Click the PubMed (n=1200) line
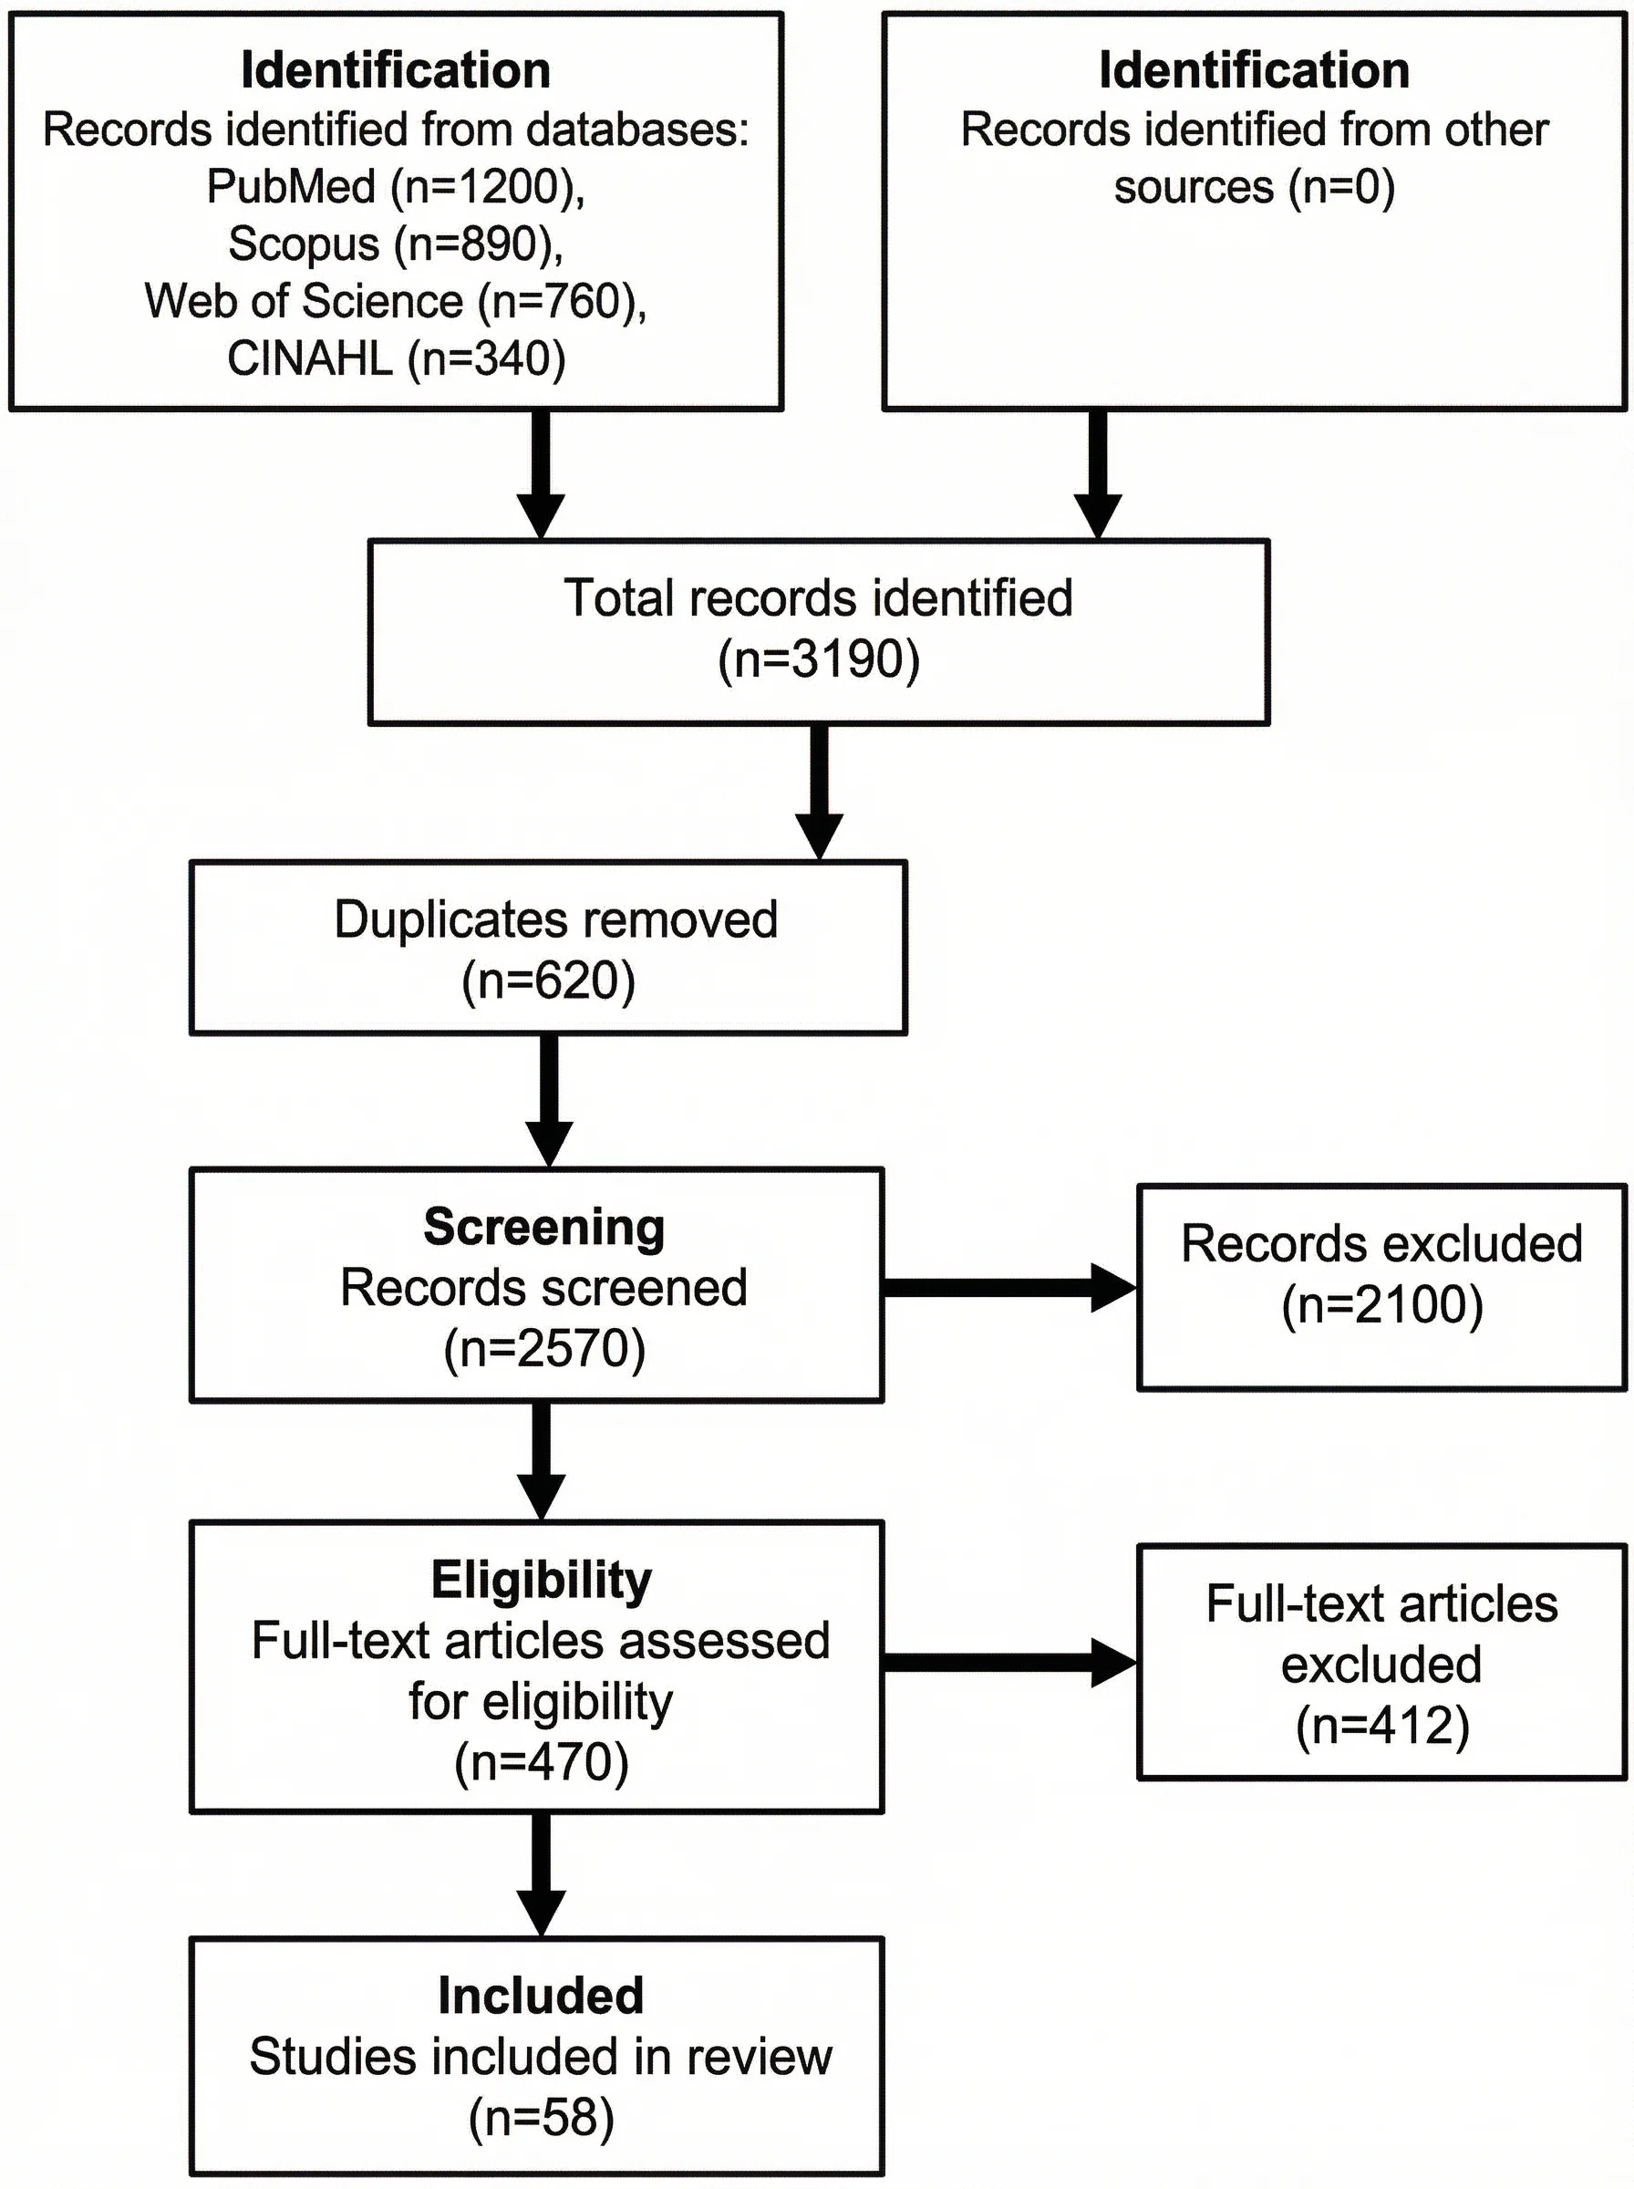(x=396, y=187)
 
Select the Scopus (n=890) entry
(x=396, y=244)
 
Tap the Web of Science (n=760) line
(x=396, y=302)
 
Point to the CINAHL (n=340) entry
(x=396, y=359)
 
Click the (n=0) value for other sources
(x=1341, y=187)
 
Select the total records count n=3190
(x=818, y=659)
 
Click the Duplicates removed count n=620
(x=548, y=981)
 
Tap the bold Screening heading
(x=544, y=1228)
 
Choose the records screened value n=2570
(x=544, y=1349)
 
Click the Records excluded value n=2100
(x=1381, y=1306)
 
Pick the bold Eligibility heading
(x=541, y=1581)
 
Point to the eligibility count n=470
(x=541, y=1763)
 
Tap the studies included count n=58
(x=541, y=2118)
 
